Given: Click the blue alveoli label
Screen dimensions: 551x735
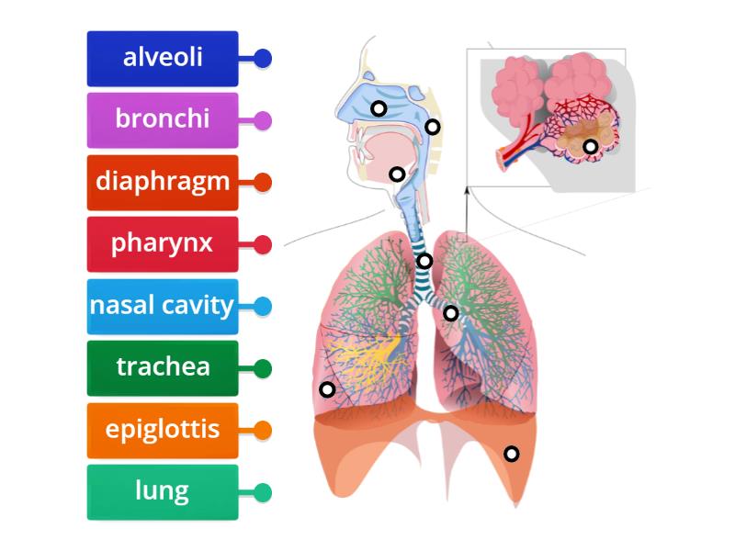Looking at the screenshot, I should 163,58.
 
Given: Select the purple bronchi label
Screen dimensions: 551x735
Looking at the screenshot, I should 163,119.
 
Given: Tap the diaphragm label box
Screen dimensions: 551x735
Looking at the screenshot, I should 163,182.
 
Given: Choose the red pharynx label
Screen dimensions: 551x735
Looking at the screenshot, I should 163,244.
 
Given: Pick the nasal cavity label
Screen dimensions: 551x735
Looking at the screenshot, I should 163,306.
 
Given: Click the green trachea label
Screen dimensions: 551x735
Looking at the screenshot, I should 163,368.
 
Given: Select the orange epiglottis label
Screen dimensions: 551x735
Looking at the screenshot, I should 163,430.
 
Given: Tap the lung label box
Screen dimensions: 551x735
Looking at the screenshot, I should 163,492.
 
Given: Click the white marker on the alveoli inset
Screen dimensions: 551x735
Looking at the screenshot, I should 591,146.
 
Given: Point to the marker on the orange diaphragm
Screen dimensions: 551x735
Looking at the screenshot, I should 511,453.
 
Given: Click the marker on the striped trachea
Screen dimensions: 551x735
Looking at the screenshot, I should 424,261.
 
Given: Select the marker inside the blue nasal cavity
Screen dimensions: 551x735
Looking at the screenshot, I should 378,108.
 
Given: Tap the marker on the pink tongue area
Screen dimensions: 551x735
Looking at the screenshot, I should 397,174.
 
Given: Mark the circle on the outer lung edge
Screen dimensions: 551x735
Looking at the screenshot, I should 326,388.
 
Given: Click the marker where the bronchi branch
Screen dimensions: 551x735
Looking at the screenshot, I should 450,313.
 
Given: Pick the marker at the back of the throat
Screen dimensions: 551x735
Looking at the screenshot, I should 433,127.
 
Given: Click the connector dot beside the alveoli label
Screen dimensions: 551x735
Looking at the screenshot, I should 263,59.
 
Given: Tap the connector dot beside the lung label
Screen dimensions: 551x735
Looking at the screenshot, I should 263,493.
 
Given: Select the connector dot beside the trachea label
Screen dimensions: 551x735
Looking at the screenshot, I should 263,369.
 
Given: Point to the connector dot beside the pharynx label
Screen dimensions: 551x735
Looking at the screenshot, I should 263,245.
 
